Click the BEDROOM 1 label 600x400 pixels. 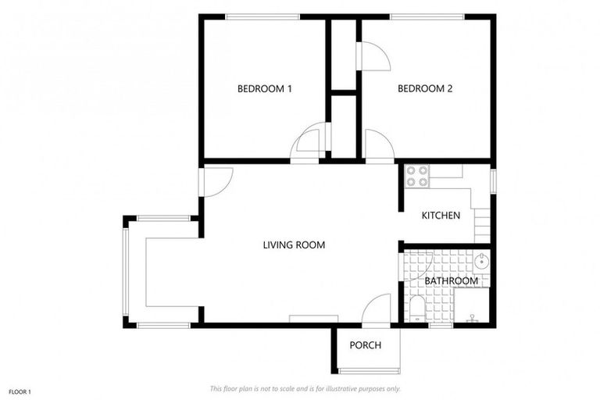[x=264, y=89]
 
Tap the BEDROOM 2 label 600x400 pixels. [x=425, y=89]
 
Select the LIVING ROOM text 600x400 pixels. [x=294, y=245]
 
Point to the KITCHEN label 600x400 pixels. [x=441, y=216]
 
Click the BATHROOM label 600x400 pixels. [x=451, y=281]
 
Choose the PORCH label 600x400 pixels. [x=365, y=345]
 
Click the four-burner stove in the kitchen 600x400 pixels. [x=417, y=176]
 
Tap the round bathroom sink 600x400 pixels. [x=480, y=262]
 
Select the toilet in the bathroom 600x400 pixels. [x=417, y=309]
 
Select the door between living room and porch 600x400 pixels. [x=377, y=309]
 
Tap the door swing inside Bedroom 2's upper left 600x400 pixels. [x=372, y=56]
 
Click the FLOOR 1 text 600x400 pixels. [x=20, y=391]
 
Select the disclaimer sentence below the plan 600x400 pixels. [x=305, y=388]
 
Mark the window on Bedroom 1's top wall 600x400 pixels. [x=262, y=16]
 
